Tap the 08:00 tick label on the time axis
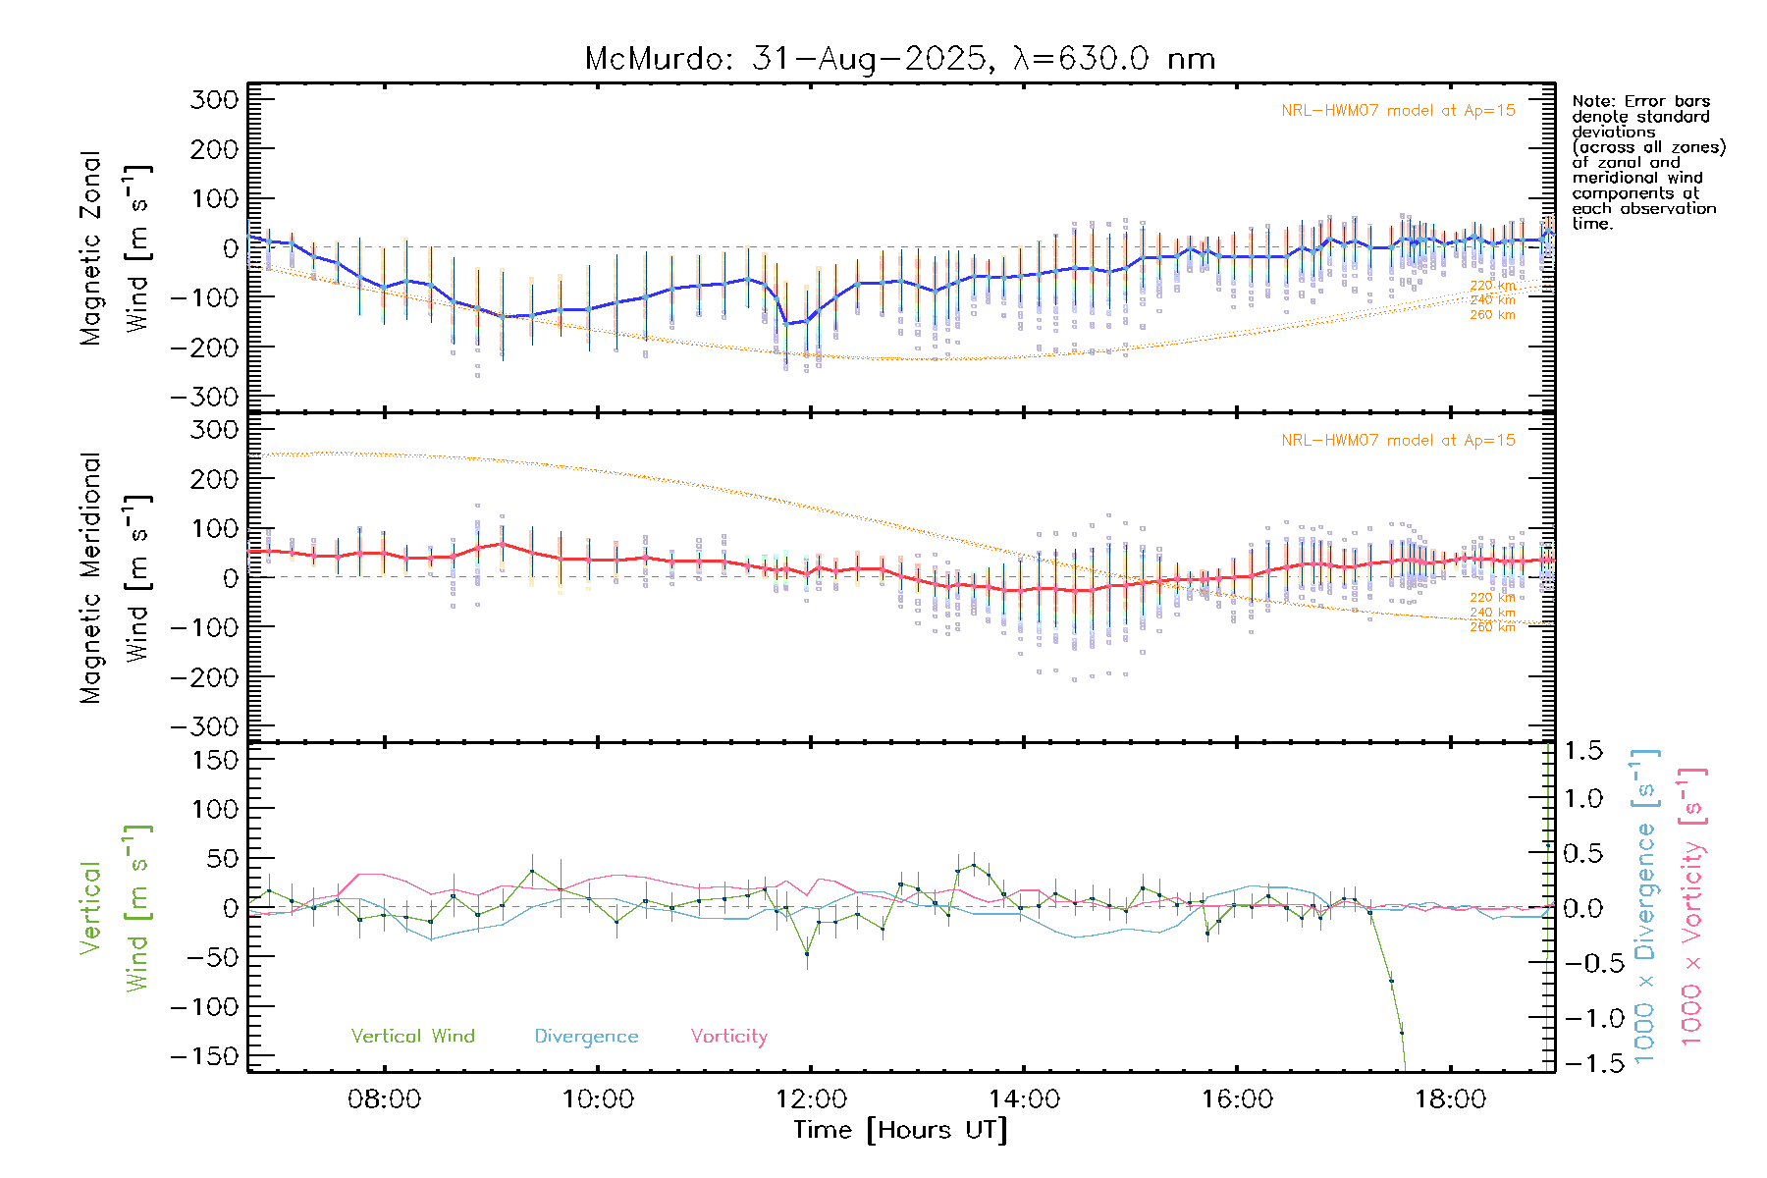[x=384, y=1099]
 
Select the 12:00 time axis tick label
[x=811, y=1099]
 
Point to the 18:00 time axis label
[x=1450, y=1099]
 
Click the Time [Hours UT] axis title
[x=900, y=1130]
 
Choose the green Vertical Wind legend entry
[x=412, y=1037]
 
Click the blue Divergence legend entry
[x=586, y=1037]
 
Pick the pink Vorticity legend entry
[x=728, y=1037]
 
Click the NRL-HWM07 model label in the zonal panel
[x=1398, y=111]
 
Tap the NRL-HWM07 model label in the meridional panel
[x=1398, y=441]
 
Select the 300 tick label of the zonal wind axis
[x=214, y=99]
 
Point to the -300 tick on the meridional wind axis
[x=204, y=726]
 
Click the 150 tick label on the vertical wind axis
[x=214, y=760]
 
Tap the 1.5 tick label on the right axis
[x=1582, y=751]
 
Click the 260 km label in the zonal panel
[x=1492, y=315]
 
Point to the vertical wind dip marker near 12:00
[x=807, y=953]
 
